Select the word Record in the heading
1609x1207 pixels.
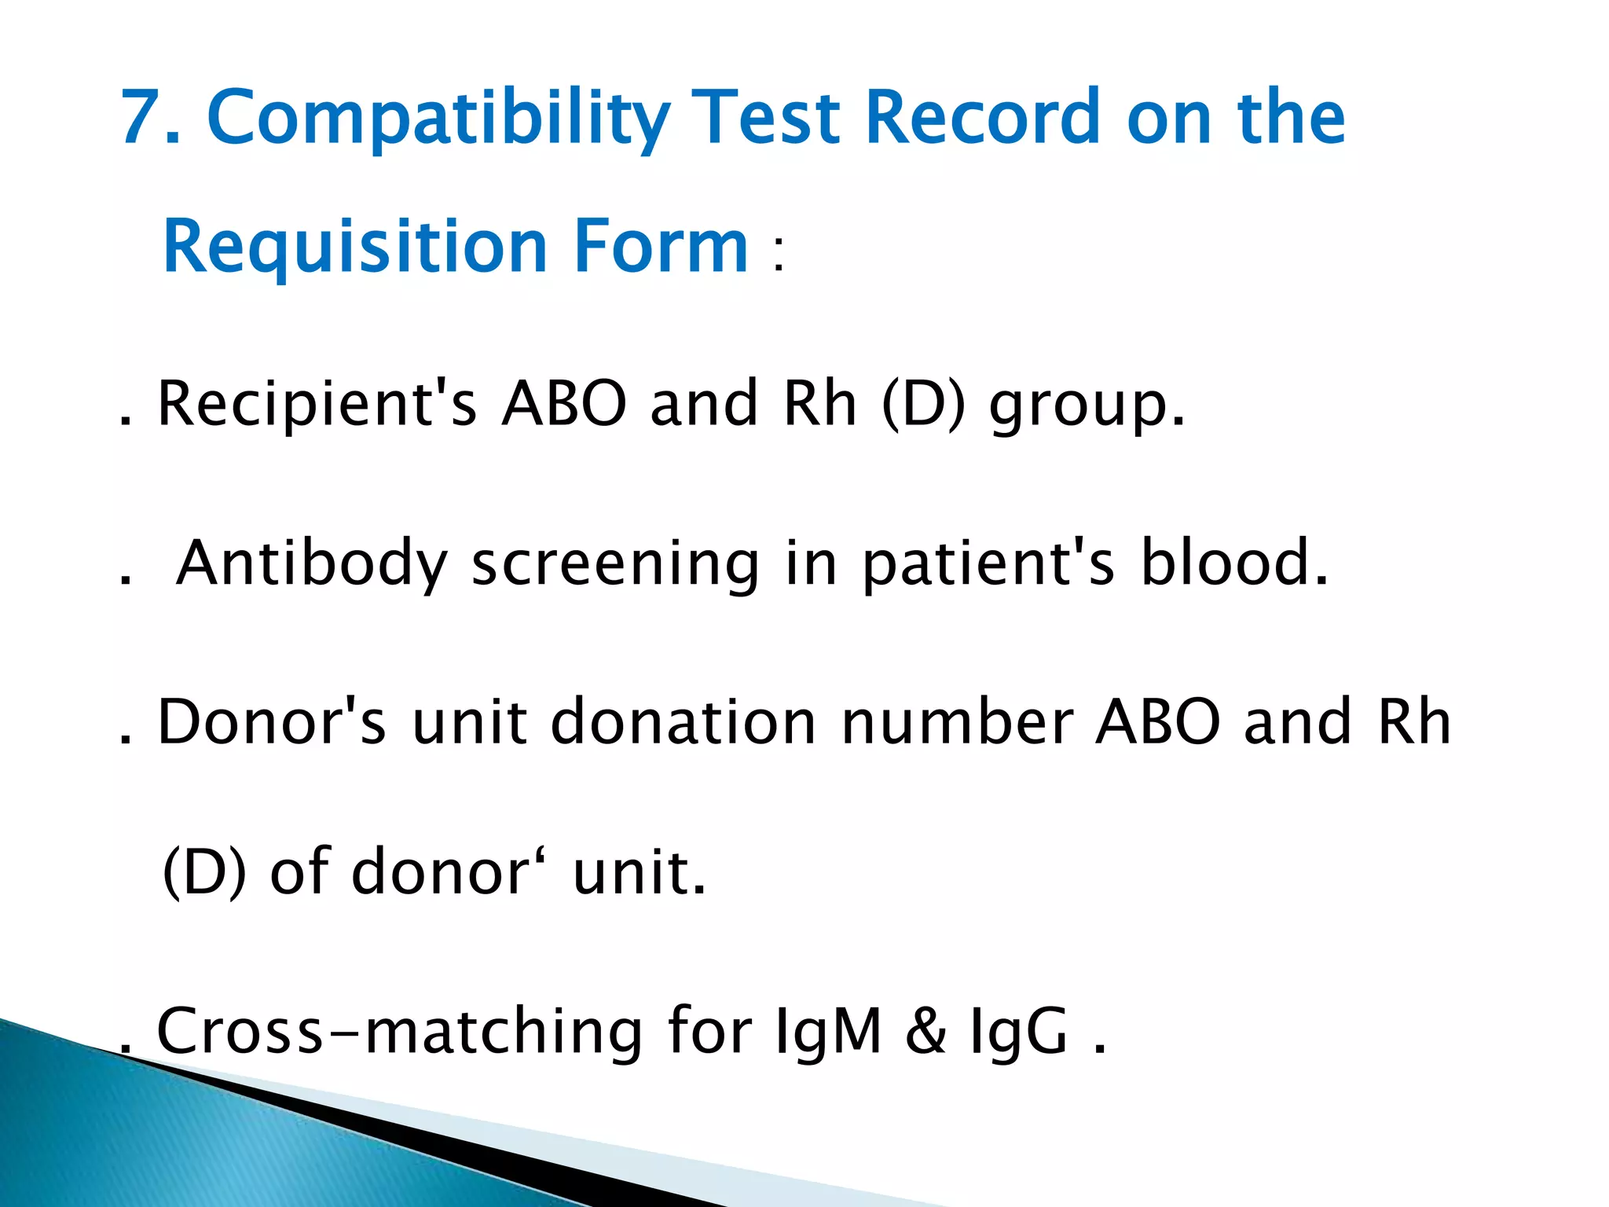982,118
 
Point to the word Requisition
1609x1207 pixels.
354,247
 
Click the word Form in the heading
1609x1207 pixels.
661,247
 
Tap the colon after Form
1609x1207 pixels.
778,255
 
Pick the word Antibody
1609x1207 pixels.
311,564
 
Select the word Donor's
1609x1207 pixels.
272,721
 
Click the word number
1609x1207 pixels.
957,721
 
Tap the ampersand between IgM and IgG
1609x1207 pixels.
926,1031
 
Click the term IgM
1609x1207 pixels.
827,1031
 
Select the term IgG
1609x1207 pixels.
1019,1031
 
